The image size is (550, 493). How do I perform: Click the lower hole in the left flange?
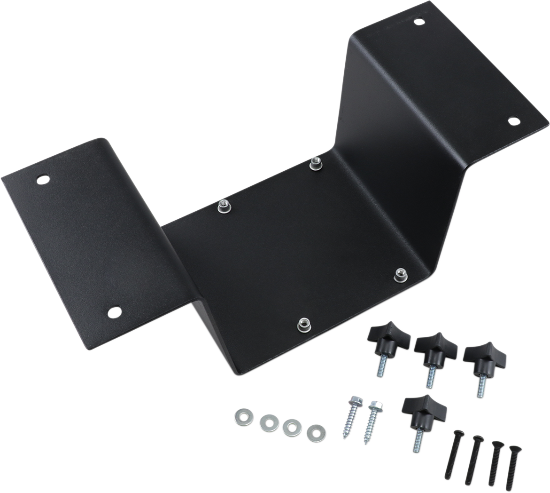click(114, 311)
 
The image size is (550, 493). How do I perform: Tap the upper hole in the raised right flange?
click(419, 21)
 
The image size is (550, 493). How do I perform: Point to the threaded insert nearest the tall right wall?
click(315, 165)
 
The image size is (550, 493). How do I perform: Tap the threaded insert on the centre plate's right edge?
click(400, 273)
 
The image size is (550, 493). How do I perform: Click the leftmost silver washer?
click(243, 416)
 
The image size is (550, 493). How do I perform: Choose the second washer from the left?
click(269, 422)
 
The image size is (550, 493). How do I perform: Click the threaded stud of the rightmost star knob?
click(480, 385)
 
